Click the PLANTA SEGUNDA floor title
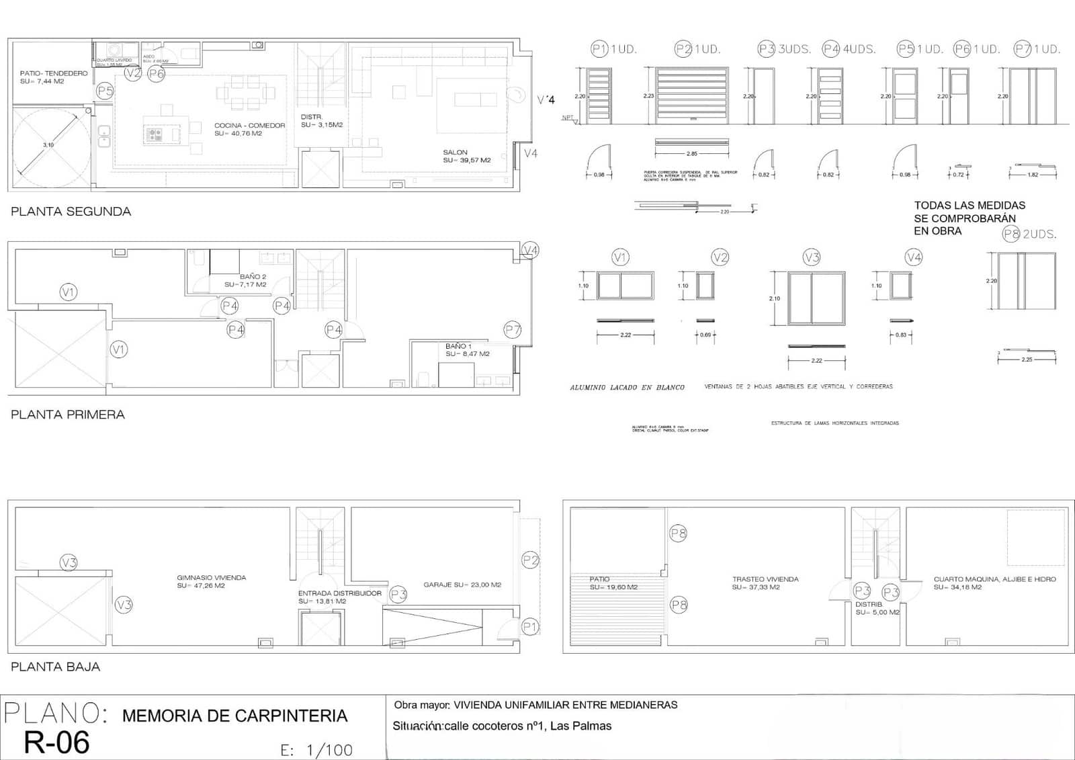pos(71,212)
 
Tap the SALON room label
pos(455,153)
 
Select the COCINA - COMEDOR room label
pos(249,126)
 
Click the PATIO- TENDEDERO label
pos(54,73)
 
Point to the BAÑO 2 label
pos(253,277)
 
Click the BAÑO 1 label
pos(458,346)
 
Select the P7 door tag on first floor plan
pos(513,330)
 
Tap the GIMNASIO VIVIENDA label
pos(211,578)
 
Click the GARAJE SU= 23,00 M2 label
pos(462,585)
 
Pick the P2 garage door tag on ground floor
pos(530,560)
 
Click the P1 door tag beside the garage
pos(530,627)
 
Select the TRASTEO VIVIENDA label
pos(765,579)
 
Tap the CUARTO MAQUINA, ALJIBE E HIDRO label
pos(994,579)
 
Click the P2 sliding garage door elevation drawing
pos(691,95)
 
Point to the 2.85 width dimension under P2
pos(691,154)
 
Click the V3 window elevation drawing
pos(816,298)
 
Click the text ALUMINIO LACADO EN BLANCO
pos(627,388)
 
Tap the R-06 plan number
pos(56,742)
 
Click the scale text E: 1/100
pos(316,750)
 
